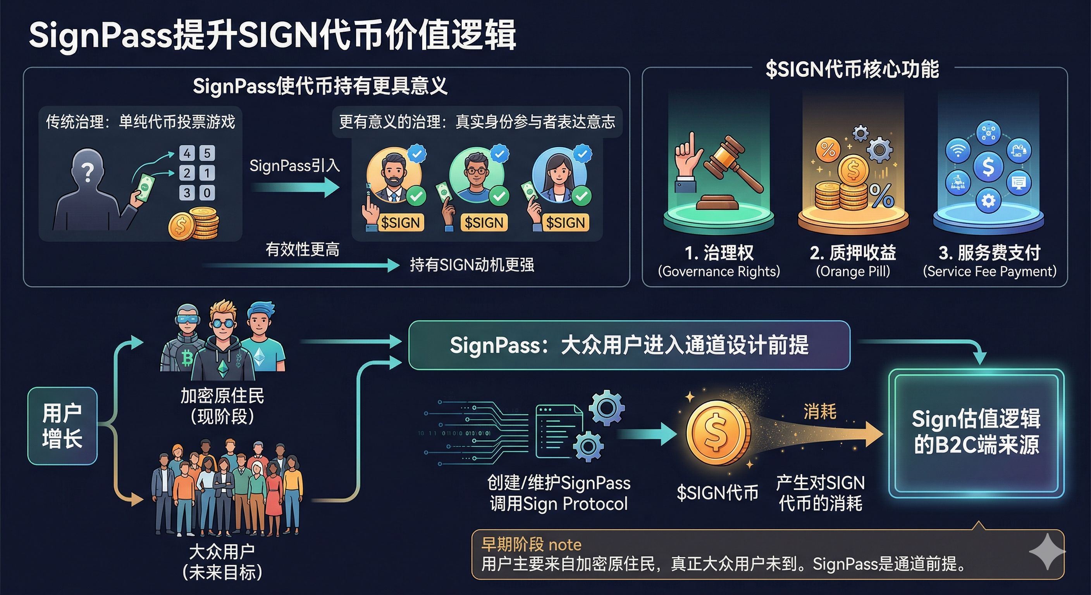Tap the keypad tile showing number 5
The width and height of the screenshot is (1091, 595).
click(207, 153)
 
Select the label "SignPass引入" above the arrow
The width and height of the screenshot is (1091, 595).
click(294, 165)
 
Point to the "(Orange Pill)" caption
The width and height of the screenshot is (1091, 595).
click(853, 271)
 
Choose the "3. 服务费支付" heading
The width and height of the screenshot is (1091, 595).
click(989, 253)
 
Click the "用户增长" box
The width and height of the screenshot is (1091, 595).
click(62, 426)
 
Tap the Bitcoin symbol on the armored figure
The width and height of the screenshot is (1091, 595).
click(187, 358)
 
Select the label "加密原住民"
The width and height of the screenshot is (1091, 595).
click(222, 396)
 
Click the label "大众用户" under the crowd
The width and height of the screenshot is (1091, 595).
click(222, 552)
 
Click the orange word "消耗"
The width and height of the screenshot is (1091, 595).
click(820, 412)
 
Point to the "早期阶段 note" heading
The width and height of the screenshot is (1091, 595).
click(531, 545)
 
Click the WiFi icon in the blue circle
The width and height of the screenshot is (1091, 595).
click(958, 150)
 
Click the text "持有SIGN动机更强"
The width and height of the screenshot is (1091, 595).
click(472, 265)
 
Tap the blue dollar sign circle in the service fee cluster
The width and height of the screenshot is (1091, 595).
click(988, 167)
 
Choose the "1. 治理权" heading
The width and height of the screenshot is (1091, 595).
click(719, 253)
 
